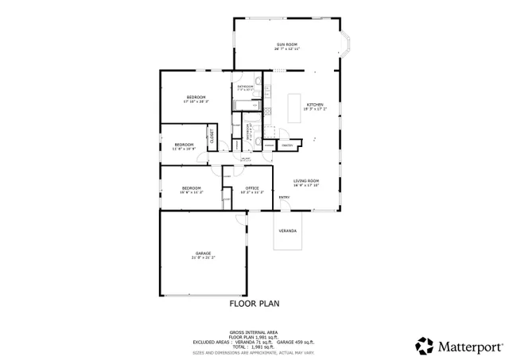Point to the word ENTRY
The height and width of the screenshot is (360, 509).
point(284,198)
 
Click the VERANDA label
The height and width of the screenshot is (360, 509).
point(287,230)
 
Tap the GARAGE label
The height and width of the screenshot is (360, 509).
point(203,253)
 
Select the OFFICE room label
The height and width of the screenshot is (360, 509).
point(252,188)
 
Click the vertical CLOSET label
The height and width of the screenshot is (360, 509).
point(212,136)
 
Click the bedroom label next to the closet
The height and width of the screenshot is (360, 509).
point(184,144)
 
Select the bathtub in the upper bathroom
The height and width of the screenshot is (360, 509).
point(244,104)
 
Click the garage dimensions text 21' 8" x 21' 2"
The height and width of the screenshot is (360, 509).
point(203,257)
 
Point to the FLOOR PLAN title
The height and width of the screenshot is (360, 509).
point(254,303)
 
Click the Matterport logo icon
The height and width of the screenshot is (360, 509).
point(425,345)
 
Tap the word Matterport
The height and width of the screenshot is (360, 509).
point(468,346)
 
